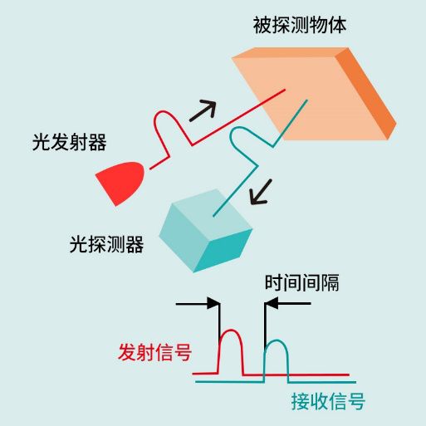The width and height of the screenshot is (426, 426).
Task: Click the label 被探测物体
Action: pos(300,25)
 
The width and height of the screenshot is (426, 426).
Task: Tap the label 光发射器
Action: pos(69,142)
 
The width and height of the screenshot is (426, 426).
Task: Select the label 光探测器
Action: pos(106,244)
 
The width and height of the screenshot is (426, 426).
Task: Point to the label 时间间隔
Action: pos(302,282)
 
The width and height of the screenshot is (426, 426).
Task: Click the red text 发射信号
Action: pos(155,352)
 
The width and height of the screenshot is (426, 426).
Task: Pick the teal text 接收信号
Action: pos(328,401)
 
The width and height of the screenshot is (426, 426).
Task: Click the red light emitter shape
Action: pos(120,184)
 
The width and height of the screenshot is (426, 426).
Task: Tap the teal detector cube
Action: pos(206,231)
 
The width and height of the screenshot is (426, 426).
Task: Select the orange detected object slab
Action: pos(314,94)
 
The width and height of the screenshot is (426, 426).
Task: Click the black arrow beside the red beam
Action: pos(203,110)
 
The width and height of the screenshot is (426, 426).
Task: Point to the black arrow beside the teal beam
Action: pos(261,193)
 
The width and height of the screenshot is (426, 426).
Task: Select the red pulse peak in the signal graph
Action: pos(231,331)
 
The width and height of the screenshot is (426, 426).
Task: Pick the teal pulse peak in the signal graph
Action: pos(277,341)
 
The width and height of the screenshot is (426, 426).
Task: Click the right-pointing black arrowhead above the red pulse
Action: pos(213,304)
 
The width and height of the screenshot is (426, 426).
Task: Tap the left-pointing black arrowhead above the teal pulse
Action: pos(272,303)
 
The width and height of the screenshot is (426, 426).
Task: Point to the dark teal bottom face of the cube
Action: pos(223,251)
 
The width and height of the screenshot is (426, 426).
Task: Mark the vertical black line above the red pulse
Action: pos(219,322)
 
